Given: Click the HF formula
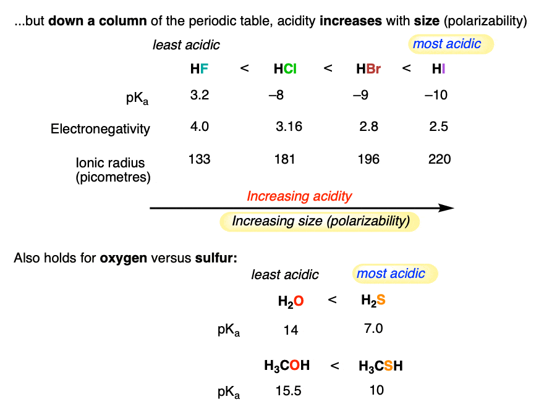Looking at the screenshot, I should (199, 69).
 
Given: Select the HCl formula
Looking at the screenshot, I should (285, 69).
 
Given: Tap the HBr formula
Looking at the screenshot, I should (368, 69).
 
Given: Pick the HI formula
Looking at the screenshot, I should (438, 69).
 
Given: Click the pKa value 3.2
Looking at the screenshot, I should (199, 95).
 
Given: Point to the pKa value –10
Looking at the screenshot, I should (436, 95).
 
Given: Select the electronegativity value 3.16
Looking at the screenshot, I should (288, 127).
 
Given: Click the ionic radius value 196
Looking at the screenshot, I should (368, 159).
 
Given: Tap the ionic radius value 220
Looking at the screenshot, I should (439, 159).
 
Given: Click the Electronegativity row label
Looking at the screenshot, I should (100, 128).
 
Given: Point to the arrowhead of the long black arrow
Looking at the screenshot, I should (448, 209).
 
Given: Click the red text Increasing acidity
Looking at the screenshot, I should (299, 196).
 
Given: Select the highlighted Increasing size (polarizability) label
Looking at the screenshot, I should (320, 221).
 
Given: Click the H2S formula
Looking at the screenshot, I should (373, 301).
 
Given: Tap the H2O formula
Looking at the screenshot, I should (291, 301).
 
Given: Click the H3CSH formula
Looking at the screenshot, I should (381, 366).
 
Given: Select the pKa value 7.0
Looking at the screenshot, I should (374, 329).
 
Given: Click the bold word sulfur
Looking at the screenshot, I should (216, 258).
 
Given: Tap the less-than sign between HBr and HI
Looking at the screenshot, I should (406, 69).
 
